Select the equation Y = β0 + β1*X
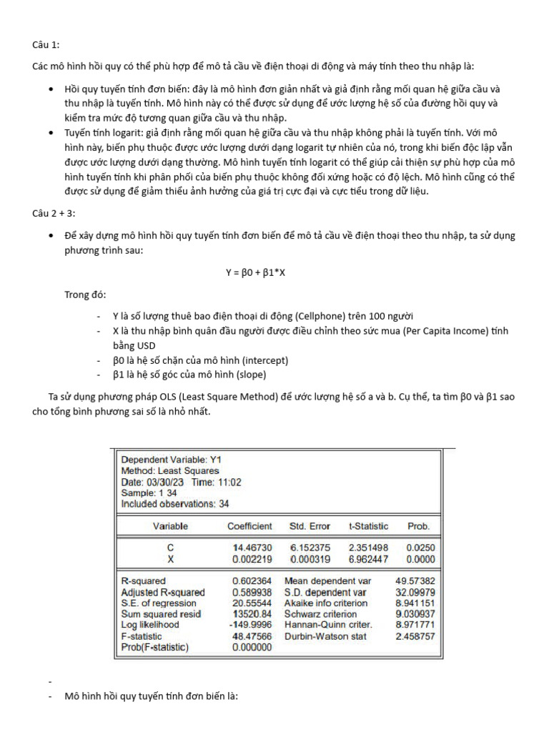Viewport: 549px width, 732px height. [x=255, y=272]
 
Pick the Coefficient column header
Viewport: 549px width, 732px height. [x=249, y=526]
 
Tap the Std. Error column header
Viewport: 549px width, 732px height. [x=310, y=526]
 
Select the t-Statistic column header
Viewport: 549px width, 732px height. [x=368, y=526]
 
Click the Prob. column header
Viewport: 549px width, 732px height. [x=418, y=526]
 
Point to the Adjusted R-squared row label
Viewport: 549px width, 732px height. [x=163, y=593]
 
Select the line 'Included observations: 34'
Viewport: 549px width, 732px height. [x=176, y=504]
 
